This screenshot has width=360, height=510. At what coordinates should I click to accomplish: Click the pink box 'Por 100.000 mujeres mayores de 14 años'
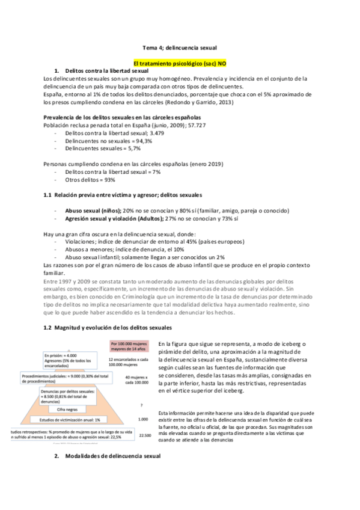point(128,346)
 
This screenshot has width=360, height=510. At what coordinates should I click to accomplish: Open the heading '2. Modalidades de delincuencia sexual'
point(108,457)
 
